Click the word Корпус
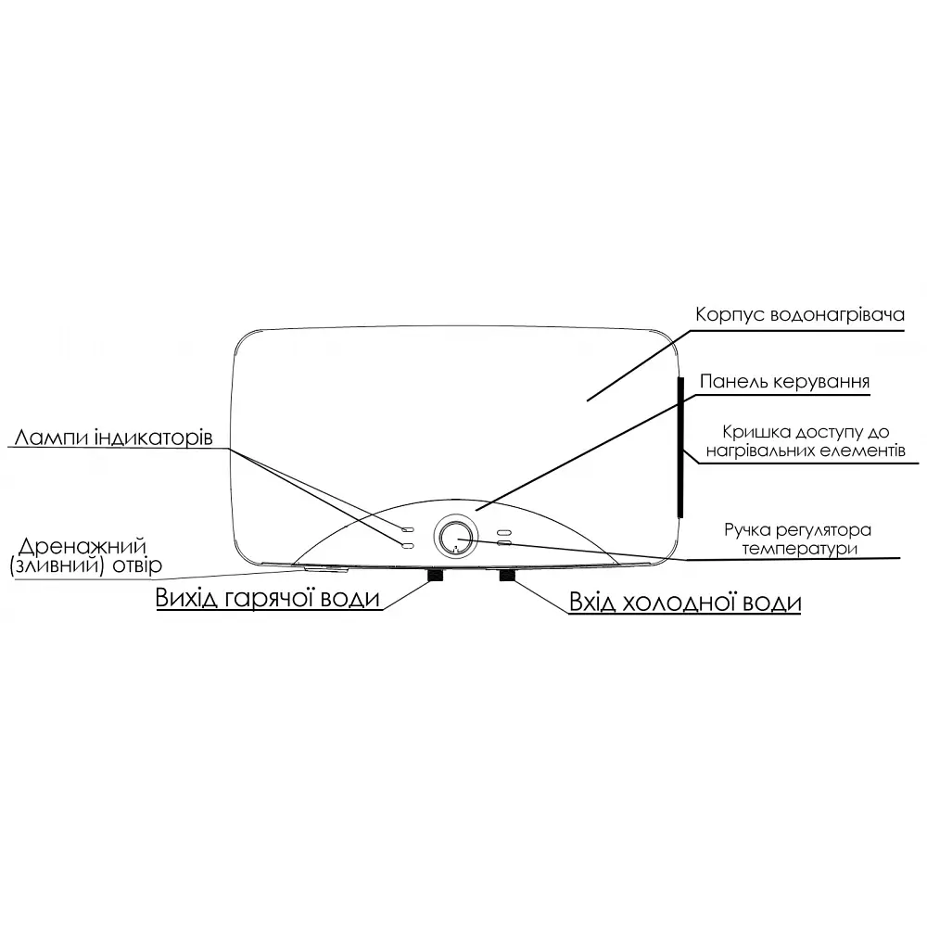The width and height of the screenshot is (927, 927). [x=730, y=314]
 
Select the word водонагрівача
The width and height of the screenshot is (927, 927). [x=837, y=314]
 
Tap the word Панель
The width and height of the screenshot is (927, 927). [x=733, y=381]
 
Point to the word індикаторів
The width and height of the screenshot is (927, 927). [x=153, y=438]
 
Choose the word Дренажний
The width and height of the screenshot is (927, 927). [x=83, y=546]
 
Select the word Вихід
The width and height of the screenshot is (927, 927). [x=187, y=597]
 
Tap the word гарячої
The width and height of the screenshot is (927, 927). [x=270, y=598]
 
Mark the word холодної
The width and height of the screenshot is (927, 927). [x=679, y=603]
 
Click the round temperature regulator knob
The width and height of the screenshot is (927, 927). [x=454, y=536]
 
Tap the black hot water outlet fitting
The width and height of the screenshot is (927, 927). [x=436, y=575]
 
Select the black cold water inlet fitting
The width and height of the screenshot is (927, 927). [x=507, y=575]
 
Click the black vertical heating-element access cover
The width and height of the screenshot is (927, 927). [x=680, y=447]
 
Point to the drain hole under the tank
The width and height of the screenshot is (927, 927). [x=325, y=569]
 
